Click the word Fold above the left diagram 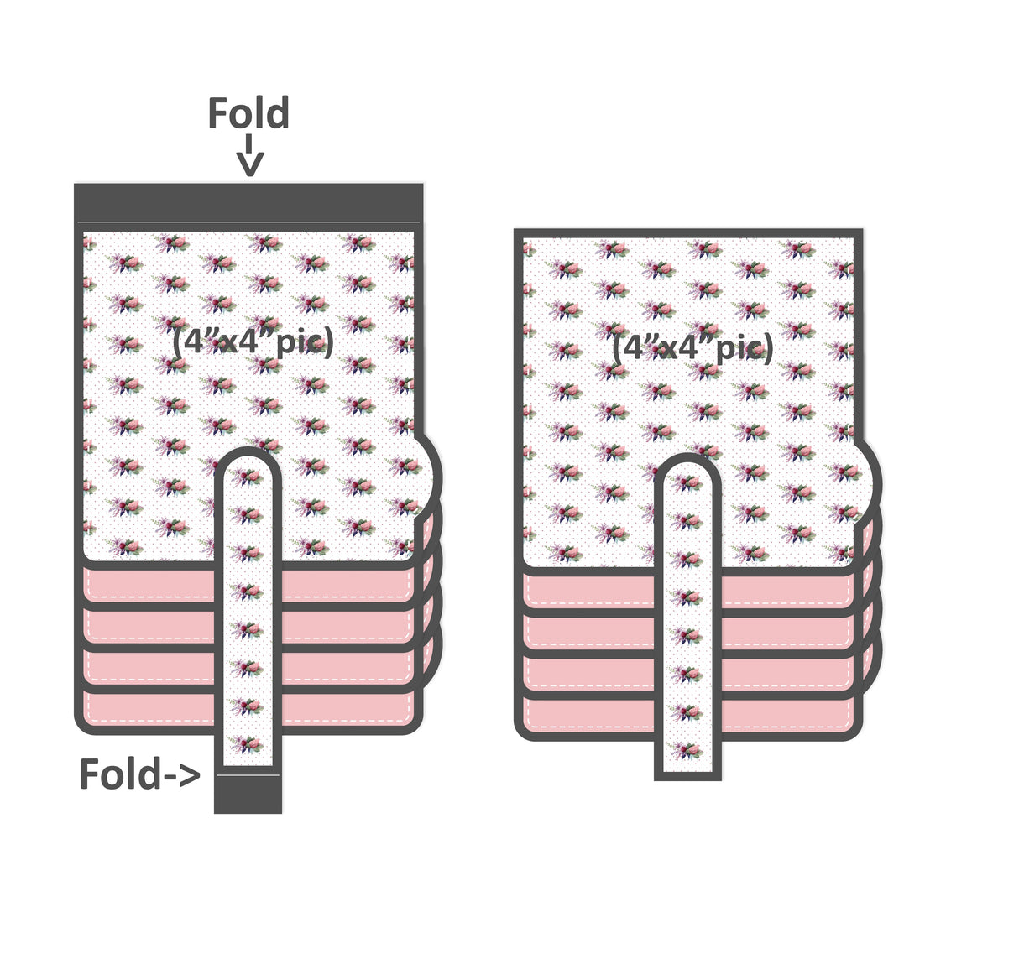pyautogui.click(x=248, y=113)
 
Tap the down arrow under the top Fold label pyautogui.click(x=249, y=159)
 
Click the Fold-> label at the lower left pyautogui.click(x=139, y=774)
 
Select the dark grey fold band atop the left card pyautogui.click(x=248, y=202)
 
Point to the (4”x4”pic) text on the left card pyautogui.click(x=253, y=341)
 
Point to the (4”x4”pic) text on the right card pyautogui.click(x=692, y=346)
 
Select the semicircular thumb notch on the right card pyautogui.click(x=868, y=482)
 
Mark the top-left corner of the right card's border pyautogui.click(x=519, y=233)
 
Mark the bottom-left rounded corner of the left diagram pyautogui.click(x=82, y=727)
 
